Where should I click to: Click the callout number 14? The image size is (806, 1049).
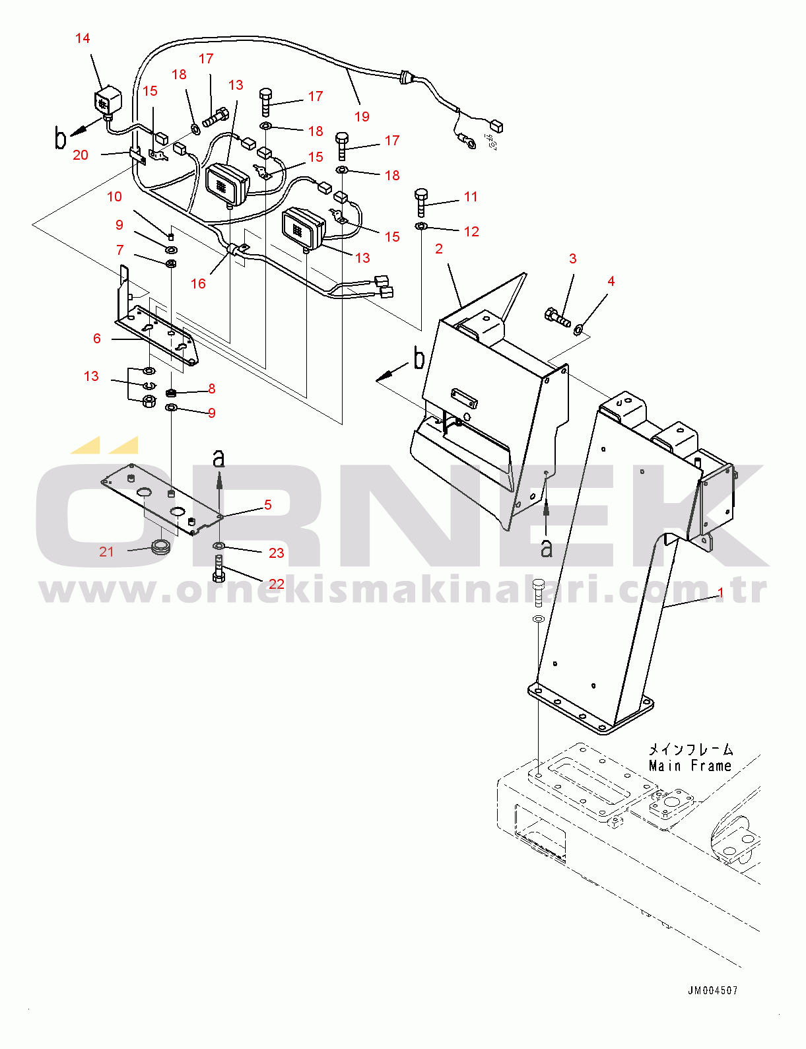pyautogui.click(x=83, y=38)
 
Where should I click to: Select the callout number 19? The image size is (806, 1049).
pyautogui.click(x=362, y=116)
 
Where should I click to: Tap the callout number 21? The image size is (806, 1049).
pyautogui.click(x=106, y=552)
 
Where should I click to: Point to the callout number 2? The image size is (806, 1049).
pyautogui.click(x=439, y=249)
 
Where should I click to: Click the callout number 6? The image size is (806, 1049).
pyautogui.click(x=97, y=339)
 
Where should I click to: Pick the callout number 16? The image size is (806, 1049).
pyautogui.click(x=198, y=283)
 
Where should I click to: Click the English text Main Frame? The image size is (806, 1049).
pyautogui.click(x=690, y=766)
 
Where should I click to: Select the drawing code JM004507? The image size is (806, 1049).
pyautogui.click(x=713, y=991)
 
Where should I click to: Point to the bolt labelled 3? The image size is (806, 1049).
pyautogui.click(x=557, y=317)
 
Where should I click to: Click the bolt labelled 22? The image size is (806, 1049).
pyautogui.click(x=218, y=570)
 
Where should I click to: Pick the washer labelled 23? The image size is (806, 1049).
pyautogui.click(x=218, y=545)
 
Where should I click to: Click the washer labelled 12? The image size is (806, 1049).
pyautogui.click(x=421, y=226)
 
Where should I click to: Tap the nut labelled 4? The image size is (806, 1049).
pyautogui.click(x=579, y=330)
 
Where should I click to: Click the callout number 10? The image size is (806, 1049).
pyautogui.click(x=114, y=197)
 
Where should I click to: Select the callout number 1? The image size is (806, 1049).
pyautogui.click(x=721, y=593)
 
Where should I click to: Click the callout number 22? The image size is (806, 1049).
pyautogui.click(x=276, y=584)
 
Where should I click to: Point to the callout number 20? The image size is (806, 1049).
pyautogui.click(x=81, y=155)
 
